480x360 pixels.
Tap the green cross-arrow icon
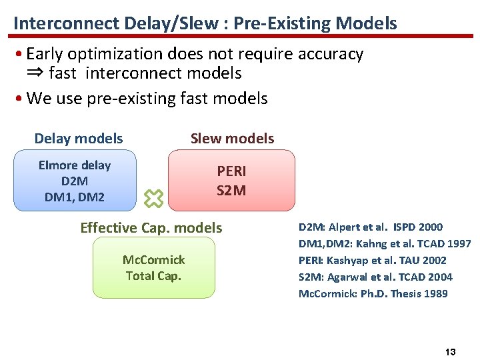155,197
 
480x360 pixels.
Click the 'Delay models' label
79,139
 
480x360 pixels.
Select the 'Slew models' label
232,139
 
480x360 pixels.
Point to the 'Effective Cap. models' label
151,228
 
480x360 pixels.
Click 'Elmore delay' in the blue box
75,165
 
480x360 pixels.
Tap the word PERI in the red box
231,171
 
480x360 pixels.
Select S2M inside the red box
231,191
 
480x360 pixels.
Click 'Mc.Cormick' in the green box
154,259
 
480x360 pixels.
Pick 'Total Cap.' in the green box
154,275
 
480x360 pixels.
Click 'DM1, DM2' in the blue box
75,197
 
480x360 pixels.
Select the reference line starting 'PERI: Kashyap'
373,261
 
